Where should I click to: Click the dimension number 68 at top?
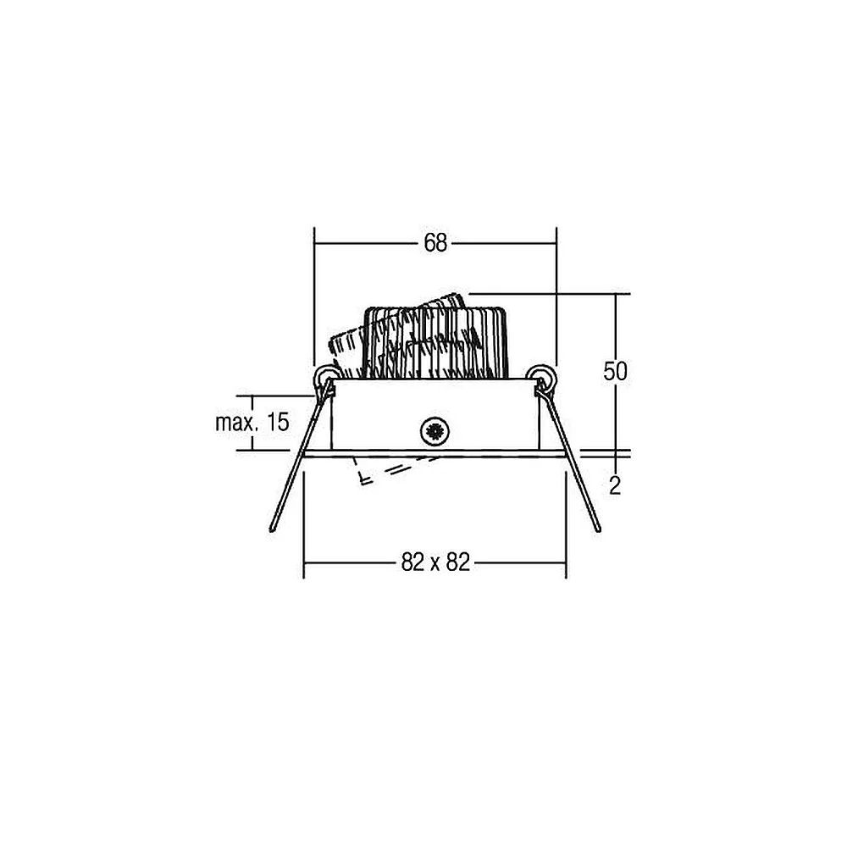pyautogui.click(x=435, y=243)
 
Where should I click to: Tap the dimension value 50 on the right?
pyautogui.click(x=615, y=372)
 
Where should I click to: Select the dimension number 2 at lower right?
pyautogui.click(x=615, y=487)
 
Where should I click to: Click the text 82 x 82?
pyautogui.click(x=435, y=563)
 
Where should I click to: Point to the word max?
pyautogui.click(x=235, y=423)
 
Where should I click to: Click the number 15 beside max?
pyautogui.click(x=278, y=422)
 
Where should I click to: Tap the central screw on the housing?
pyautogui.click(x=435, y=431)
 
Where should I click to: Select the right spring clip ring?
pyautogui.click(x=541, y=375)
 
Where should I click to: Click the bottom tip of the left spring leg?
pyautogui.click(x=272, y=530)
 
